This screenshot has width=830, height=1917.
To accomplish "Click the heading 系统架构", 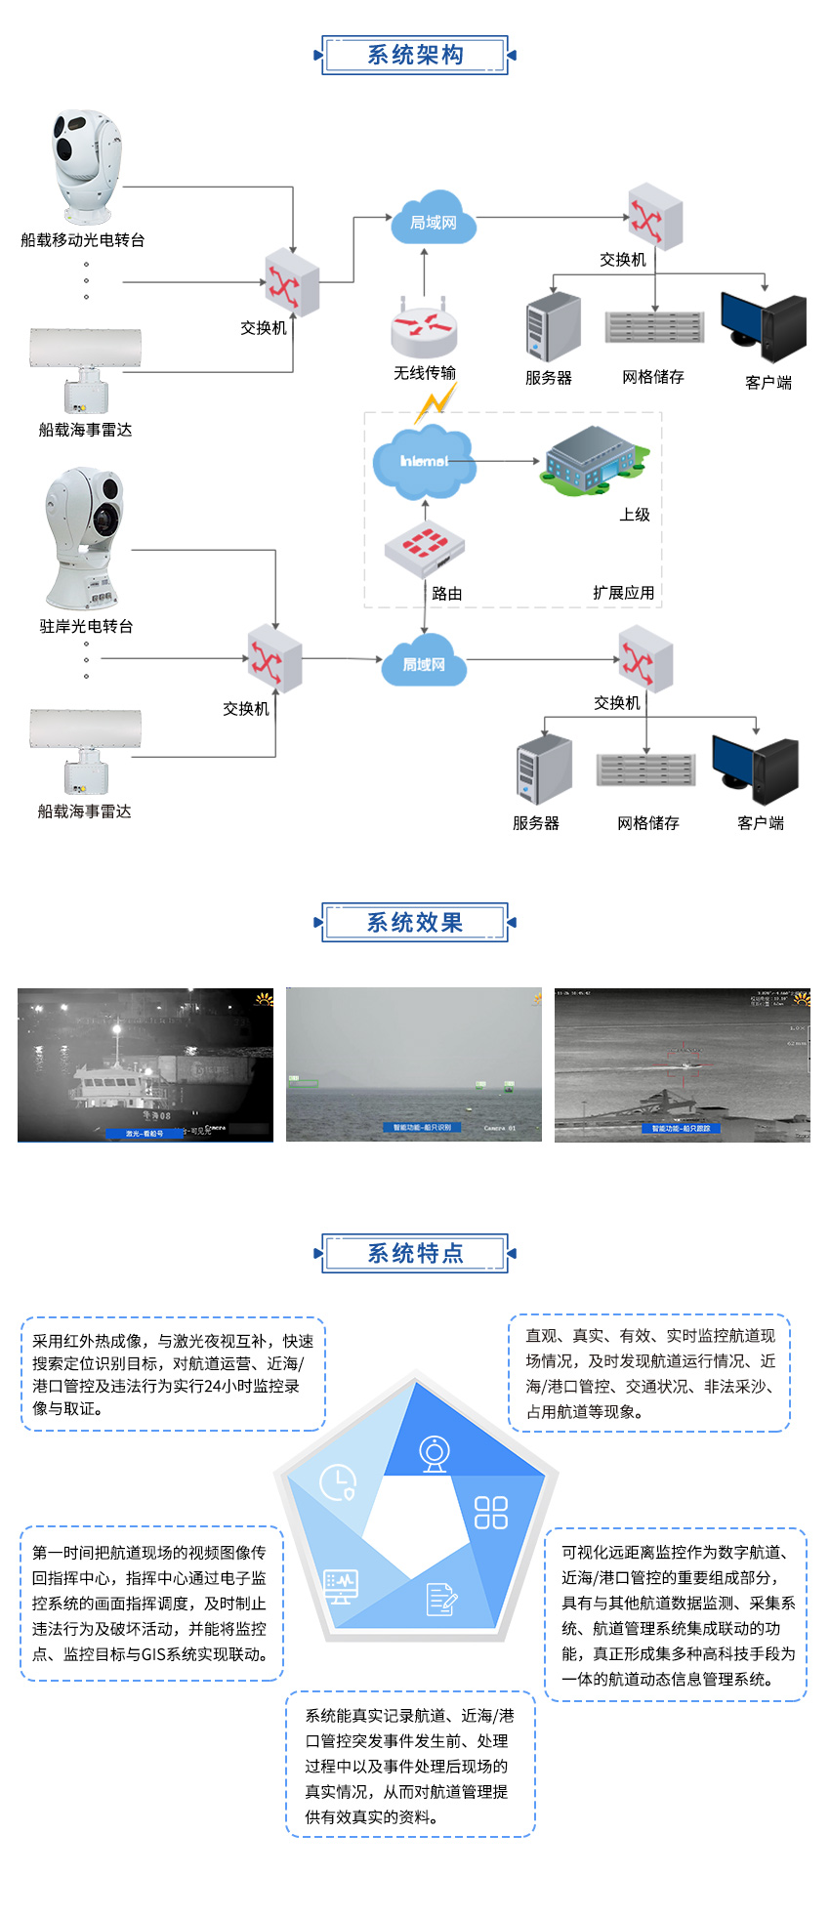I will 415,55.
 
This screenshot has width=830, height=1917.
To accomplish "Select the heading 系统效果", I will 415,923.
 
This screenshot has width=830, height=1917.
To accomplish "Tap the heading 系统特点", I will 415,1253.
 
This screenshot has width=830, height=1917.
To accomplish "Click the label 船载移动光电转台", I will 83,240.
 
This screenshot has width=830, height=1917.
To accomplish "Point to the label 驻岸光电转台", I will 86,626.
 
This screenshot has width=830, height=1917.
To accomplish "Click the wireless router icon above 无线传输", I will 424,326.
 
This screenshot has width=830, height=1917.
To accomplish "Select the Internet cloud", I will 424,461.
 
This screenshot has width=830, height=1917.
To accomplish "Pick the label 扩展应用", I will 623,593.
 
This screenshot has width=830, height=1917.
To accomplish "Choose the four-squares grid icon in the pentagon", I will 491,1512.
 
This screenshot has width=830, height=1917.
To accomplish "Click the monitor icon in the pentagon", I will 341,1586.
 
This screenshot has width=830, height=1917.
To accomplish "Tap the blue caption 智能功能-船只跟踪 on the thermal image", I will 682,1128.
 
